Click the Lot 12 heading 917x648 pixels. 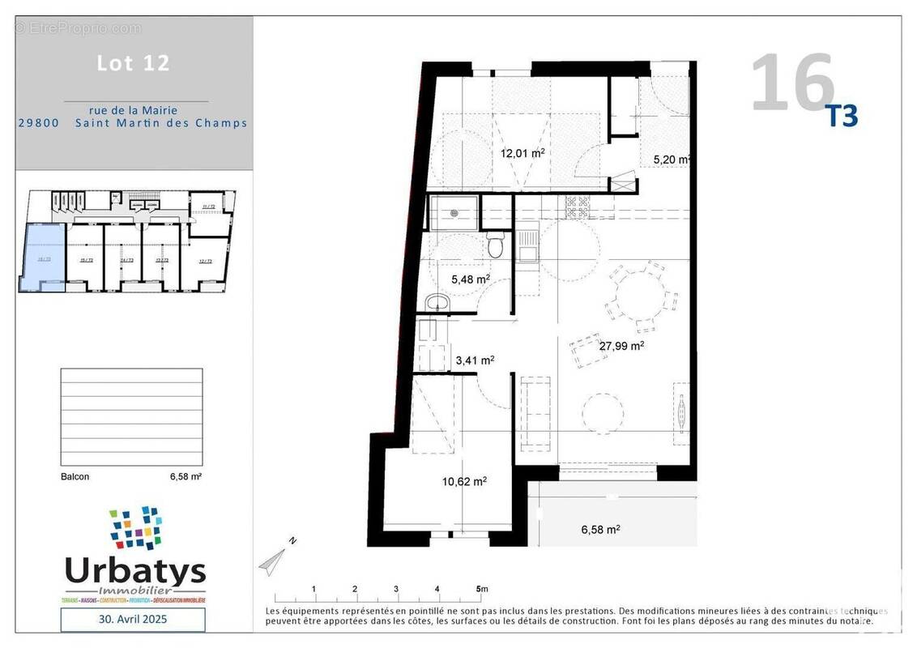click(134, 63)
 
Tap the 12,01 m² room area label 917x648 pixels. click(522, 152)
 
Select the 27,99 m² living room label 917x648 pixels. click(621, 345)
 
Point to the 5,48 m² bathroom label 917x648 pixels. click(471, 279)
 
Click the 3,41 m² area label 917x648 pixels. click(475, 360)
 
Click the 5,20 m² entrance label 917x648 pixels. click(672, 160)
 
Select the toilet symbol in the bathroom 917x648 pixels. click(497, 245)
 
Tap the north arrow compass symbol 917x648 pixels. click(275, 559)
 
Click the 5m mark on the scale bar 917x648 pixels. click(481, 589)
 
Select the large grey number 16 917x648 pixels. click(791, 83)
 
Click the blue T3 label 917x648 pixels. click(841, 117)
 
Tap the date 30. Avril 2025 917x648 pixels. click(133, 620)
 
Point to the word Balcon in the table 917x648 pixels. click(75, 477)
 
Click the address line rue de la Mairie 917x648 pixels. click(133, 110)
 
